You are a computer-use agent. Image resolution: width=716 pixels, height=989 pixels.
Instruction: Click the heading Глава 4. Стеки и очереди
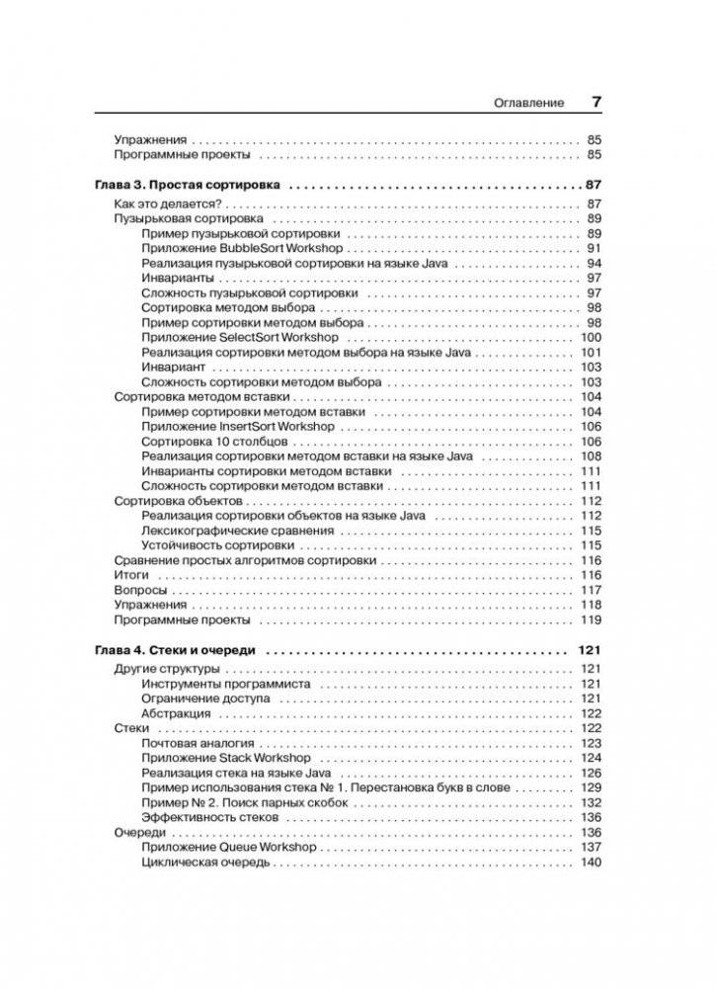[175, 651]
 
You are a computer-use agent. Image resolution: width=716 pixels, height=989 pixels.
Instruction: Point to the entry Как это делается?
[158, 204]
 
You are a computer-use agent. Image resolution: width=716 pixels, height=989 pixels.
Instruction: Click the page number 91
[594, 248]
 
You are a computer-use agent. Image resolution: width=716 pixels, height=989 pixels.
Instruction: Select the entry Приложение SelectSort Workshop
[240, 337]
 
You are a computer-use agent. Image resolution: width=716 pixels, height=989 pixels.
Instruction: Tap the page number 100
[591, 337]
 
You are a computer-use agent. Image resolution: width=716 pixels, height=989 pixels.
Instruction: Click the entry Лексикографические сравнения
[237, 531]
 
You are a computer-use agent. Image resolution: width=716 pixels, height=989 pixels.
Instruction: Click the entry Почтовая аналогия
[198, 743]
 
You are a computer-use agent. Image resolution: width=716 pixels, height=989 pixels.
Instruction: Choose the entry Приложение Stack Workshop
[226, 758]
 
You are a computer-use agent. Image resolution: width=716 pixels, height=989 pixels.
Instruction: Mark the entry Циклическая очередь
[205, 862]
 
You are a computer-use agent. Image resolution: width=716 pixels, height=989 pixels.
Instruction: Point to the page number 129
[591, 787]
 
